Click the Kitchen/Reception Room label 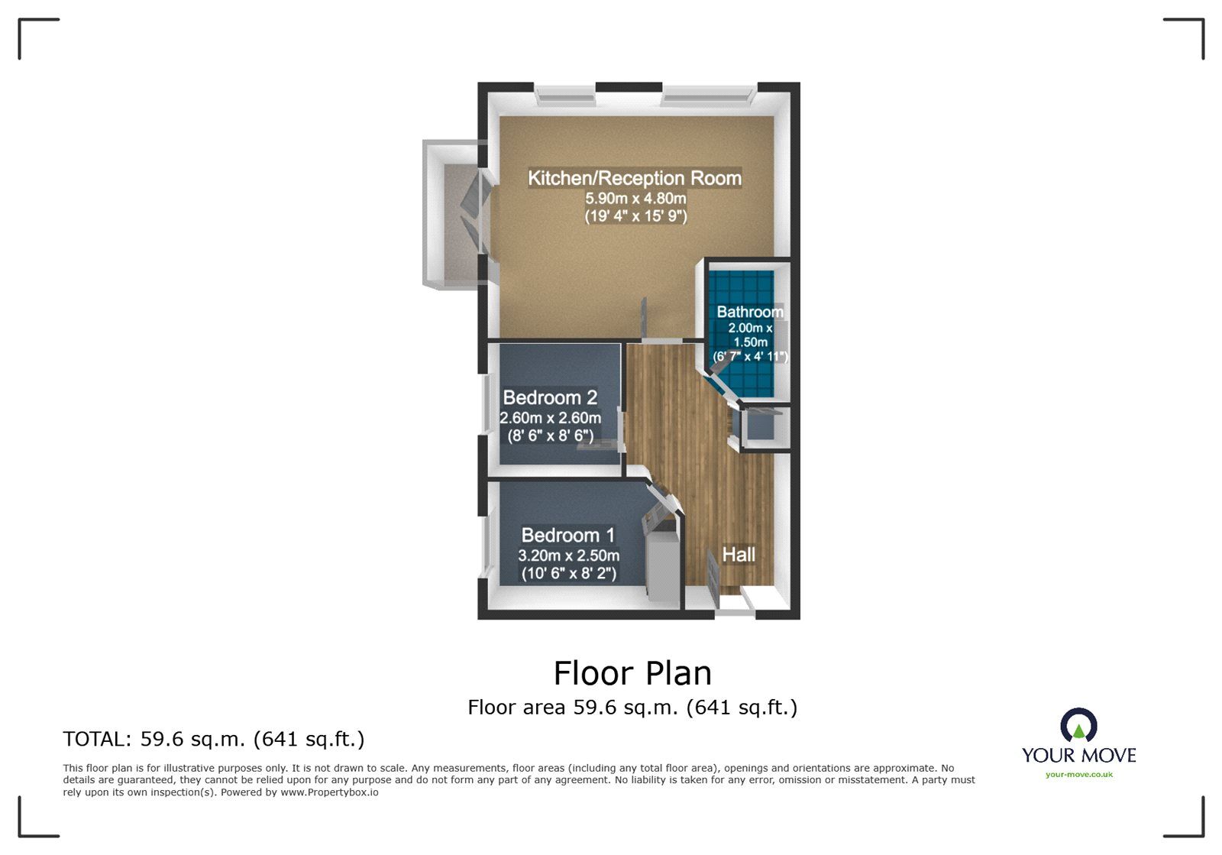pyautogui.click(x=635, y=178)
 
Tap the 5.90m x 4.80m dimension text pyautogui.click(x=635, y=199)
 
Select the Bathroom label pyautogui.click(x=749, y=312)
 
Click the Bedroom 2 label pyautogui.click(x=550, y=397)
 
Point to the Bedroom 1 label pyautogui.click(x=567, y=535)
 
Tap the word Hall pyautogui.click(x=739, y=554)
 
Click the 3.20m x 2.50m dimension pyautogui.click(x=568, y=555)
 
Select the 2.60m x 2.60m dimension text pyautogui.click(x=550, y=418)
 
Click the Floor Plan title pyautogui.click(x=632, y=673)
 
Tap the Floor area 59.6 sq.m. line pyautogui.click(x=632, y=708)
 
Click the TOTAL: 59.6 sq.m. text pyautogui.click(x=214, y=739)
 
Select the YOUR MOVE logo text pyautogui.click(x=1078, y=756)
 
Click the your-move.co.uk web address pyautogui.click(x=1078, y=775)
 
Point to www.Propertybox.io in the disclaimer pyautogui.click(x=329, y=792)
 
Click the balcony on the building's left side pyautogui.click(x=452, y=214)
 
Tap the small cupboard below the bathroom pyautogui.click(x=760, y=428)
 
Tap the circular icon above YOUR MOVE pyautogui.click(x=1078, y=724)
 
